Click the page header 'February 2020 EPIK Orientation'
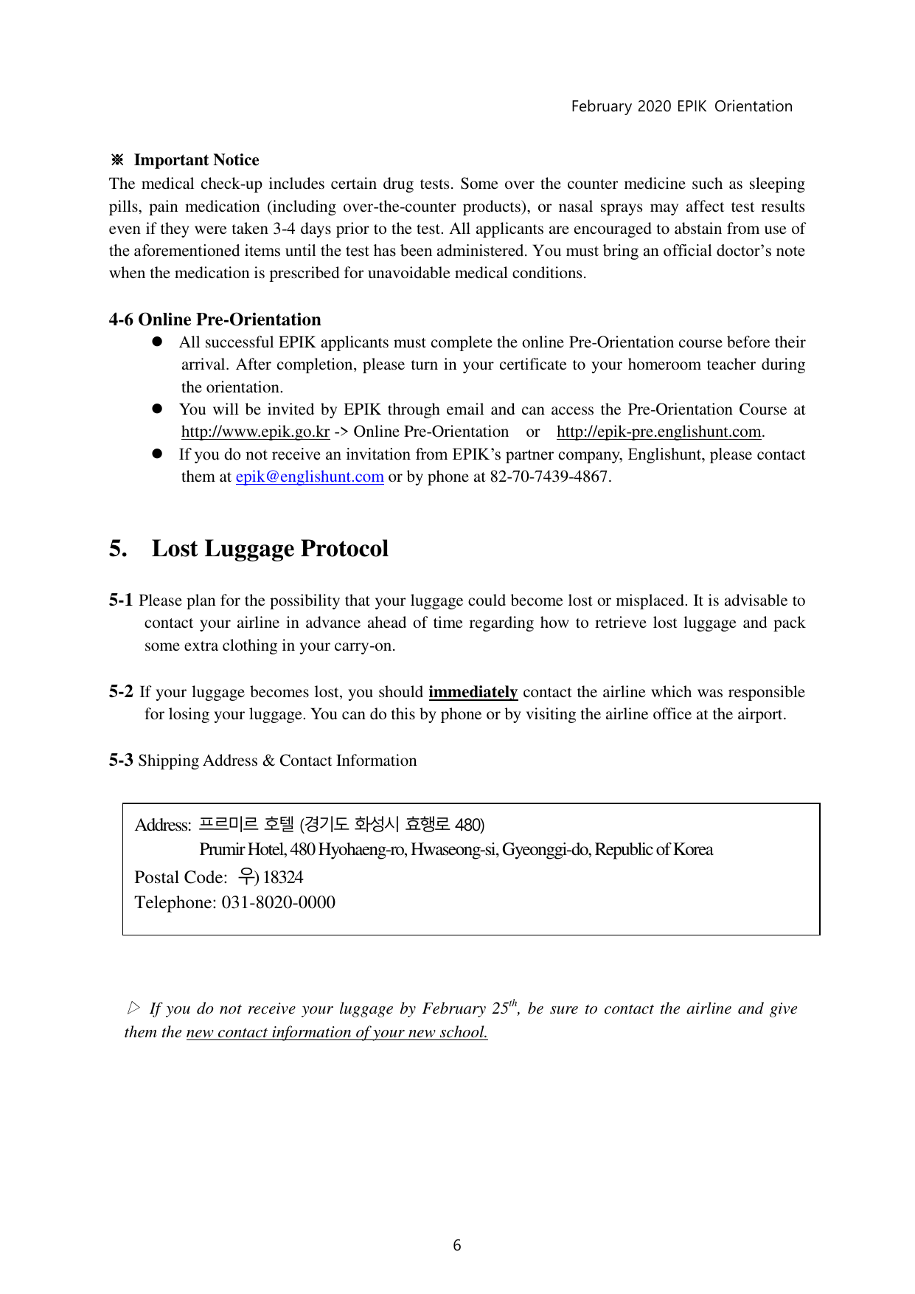(x=681, y=106)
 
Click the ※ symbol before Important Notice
(x=116, y=160)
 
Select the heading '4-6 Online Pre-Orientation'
(x=215, y=319)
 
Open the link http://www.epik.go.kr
(x=255, y=432)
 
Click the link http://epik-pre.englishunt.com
(x=658, y=432)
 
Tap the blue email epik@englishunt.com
(x=310, y=477)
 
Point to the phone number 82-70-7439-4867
(x=550, y=477)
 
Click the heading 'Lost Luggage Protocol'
(x=270, y=549)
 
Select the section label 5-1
(x=121, y=601)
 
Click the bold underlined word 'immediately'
(x=473, y=692)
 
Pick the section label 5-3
(x=121, y=761)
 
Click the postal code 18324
(x=283, y=877)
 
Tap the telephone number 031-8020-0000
(x=278, y=902)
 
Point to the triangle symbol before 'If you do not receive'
(x=133, y=1008)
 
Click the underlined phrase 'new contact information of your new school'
(x=337, y=1032)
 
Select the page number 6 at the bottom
(x=457, y=1245)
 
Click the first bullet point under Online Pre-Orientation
(x=157, y=342)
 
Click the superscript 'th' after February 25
(x=513, y=1003)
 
